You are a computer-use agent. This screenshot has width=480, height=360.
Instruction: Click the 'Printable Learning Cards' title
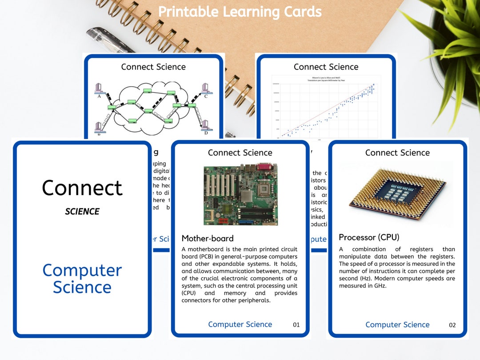(240, 12)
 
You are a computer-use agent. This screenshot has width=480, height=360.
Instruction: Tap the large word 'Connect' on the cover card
(82, 188)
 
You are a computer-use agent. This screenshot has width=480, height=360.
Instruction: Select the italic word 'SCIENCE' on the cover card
(82, 212)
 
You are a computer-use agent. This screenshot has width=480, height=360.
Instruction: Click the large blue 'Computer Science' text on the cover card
(82, 279)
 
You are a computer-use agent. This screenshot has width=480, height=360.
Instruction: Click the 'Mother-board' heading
(207, 239)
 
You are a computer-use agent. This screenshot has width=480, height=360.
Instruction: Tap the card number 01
(296, 325)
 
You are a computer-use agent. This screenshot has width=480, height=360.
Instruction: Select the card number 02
(452, 325)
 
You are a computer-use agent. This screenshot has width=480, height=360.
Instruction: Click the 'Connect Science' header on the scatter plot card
(326, 67)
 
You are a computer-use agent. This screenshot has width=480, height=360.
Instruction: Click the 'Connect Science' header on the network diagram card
(153, 67)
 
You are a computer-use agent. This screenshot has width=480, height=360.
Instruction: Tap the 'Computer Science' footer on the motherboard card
(240, 324)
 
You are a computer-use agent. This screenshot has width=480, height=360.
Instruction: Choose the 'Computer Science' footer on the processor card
(397, 325)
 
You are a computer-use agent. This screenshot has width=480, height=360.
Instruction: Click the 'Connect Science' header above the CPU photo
(397, 153)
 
